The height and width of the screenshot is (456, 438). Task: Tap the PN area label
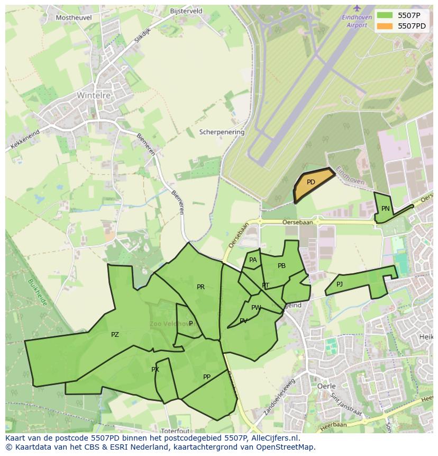pos(386,209)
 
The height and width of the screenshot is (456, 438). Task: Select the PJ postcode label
pos(340,284)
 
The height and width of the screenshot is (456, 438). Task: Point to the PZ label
pos(115,335)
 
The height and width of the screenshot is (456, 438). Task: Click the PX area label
pos(155,370)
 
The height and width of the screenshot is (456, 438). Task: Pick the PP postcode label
pos(207,377)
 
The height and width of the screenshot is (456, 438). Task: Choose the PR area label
pos(200,287)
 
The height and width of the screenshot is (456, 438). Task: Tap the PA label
pos(253,260)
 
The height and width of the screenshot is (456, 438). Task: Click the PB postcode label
pos(281,266)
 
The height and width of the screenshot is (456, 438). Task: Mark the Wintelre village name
pos(94,96)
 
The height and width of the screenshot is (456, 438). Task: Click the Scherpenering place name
pos(222,132)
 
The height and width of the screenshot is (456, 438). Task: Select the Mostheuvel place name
pos(74,17)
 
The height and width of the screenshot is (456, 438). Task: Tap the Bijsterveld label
pos(186,11)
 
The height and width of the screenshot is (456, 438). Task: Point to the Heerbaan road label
pos(334,425)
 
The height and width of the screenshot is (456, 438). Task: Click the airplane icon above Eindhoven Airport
pos(357,8)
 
